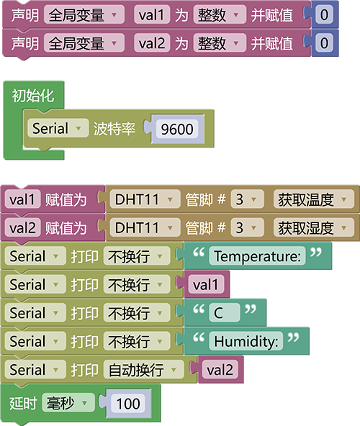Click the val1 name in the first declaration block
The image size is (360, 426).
[152, 14]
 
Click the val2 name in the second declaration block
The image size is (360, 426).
[152, 43]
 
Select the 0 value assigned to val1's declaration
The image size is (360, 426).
[324, 14]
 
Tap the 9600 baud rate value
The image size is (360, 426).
[177, 129]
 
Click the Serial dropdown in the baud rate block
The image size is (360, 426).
[58, 128]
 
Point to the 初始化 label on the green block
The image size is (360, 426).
[33, 96]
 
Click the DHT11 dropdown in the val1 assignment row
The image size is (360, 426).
[145, 199]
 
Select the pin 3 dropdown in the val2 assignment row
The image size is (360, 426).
[247, 227]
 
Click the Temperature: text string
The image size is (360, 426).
[257, 256]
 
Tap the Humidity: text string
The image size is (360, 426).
[246, 341]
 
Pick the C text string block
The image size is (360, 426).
[225, 313]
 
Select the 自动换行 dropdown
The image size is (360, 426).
[143, 369]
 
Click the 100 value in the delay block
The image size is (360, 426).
[128, 403]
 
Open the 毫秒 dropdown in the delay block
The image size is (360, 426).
[68, 403]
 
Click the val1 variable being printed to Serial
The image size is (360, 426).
[206, 284]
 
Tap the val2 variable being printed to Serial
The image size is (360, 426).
[220, 369]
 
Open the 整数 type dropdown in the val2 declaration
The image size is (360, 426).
[220, 43]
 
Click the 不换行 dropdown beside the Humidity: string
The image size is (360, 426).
[137, 341]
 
